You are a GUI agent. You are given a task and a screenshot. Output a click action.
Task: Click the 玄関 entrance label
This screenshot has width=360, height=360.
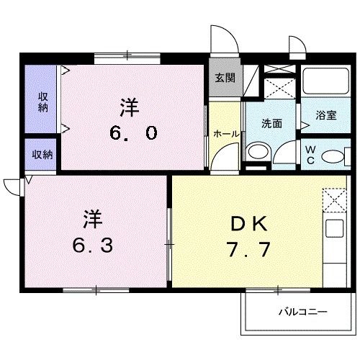224,78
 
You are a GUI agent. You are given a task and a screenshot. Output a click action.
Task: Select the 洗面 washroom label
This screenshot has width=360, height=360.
271,123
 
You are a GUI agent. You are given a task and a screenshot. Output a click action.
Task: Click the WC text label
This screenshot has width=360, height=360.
310,155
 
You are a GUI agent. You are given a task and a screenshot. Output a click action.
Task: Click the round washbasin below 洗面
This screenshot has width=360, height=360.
256,153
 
